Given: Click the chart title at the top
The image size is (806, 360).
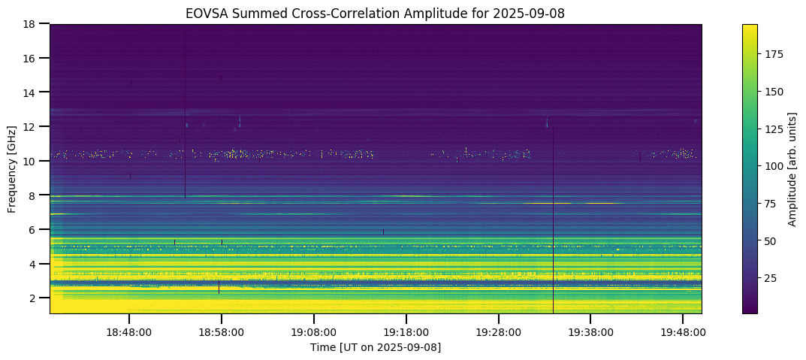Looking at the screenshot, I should pyautogui.click(x=376, y=13).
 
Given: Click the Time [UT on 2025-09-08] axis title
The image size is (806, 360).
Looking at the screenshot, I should pyautogui.click(x=376, y=347).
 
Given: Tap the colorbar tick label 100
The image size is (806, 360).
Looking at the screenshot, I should pyautogui.click(x=774, y=166).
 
